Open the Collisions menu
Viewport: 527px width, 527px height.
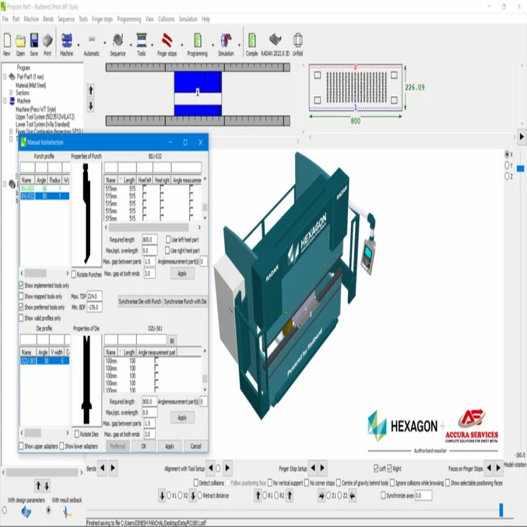coord(166,19)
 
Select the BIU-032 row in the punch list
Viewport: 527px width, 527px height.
coord(28,196)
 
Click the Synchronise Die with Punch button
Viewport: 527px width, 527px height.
coord(139,301)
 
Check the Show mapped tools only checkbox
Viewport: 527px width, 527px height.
coord(22,296)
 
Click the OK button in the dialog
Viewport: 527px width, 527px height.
coord(143,446)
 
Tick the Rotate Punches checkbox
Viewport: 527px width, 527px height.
coord(74,274)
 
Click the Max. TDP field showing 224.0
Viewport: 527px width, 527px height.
coord(95,296)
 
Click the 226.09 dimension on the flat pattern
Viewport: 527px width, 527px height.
coord(415,87)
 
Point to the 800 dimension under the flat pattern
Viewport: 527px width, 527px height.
coord(355,121)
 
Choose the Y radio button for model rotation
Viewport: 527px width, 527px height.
coord(507,166)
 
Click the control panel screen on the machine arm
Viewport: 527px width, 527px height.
coord(369,255)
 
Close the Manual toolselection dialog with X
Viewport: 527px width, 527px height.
coord(200,143)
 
